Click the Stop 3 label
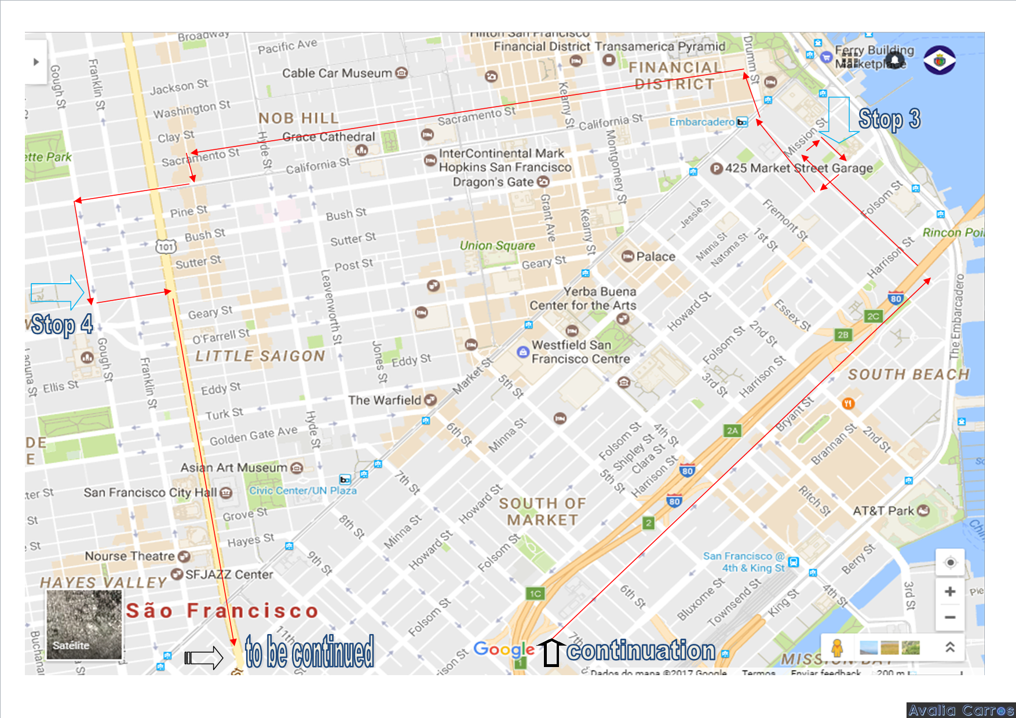889,119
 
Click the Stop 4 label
62,325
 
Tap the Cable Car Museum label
337,74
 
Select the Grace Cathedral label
328,137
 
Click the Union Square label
497,246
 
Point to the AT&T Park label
883,511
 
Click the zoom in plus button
950,592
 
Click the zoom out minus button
950,617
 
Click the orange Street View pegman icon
836,647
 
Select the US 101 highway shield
166,247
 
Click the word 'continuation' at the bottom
641,651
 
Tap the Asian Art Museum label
234,467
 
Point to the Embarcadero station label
702,122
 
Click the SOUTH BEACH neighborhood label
908,375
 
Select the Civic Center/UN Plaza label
303,490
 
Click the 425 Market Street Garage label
799,168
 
